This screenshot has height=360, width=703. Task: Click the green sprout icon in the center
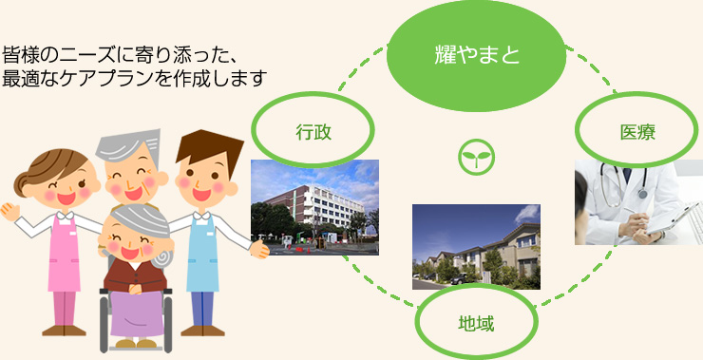click(x=472, y=158)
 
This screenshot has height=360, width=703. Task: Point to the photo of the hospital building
click(x=313, y=207)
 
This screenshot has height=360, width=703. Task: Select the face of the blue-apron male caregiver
click(x=199, y=175)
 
